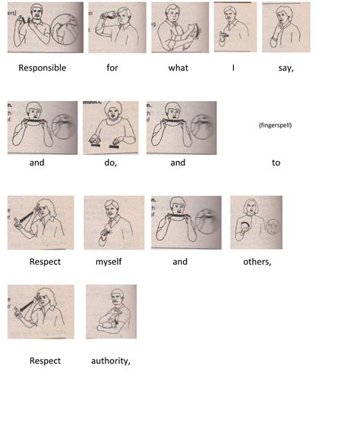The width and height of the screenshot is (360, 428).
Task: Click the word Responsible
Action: coord(43,68)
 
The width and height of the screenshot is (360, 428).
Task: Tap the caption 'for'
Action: coord(112,68)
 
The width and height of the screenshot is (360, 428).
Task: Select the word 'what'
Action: coord(178,68)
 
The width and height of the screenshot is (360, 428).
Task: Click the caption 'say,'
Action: coord(286,68)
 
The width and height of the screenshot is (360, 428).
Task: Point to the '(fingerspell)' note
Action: coord(276,125)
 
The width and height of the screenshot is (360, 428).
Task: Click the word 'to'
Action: coord(276,162)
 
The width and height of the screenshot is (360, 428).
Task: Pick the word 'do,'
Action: coord(111,163)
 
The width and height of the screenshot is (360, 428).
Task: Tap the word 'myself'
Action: coord(109,262)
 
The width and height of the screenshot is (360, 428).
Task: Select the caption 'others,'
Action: coord(257,262)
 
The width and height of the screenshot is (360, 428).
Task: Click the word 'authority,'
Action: coord(111,361)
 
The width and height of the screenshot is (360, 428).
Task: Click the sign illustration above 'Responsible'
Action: coord(46,27)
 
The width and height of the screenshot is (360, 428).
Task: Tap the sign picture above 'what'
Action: coord(180,27)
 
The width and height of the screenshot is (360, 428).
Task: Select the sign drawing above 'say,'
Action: coord(286,27)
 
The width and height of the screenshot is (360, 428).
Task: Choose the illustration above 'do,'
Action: coord(111,127)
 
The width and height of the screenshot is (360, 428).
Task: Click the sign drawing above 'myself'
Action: coord(114,223)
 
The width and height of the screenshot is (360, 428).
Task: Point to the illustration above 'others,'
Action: coord(256,222)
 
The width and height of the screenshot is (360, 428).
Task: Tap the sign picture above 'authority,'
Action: coord(112,312)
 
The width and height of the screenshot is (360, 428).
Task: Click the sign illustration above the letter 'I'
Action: coord(235,27)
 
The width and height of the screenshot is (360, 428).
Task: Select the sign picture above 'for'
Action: coord(117,27)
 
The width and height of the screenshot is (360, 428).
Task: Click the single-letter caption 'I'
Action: coord(233,68)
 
